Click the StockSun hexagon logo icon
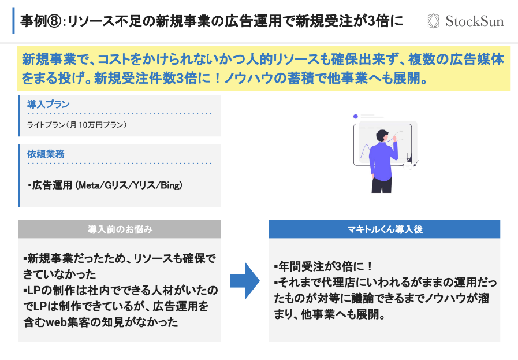(434, 21)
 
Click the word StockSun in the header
(474, 22)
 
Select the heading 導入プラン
(49, 104)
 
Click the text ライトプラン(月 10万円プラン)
(76, 125)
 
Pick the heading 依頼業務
(46, 154)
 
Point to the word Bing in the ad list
(170, 185)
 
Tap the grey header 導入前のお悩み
(120, 229)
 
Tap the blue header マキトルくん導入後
(384, 229)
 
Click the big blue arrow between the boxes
(245, 281)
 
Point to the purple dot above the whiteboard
(356, 116)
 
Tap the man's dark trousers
(382, 183)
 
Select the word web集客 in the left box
(70, 322)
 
